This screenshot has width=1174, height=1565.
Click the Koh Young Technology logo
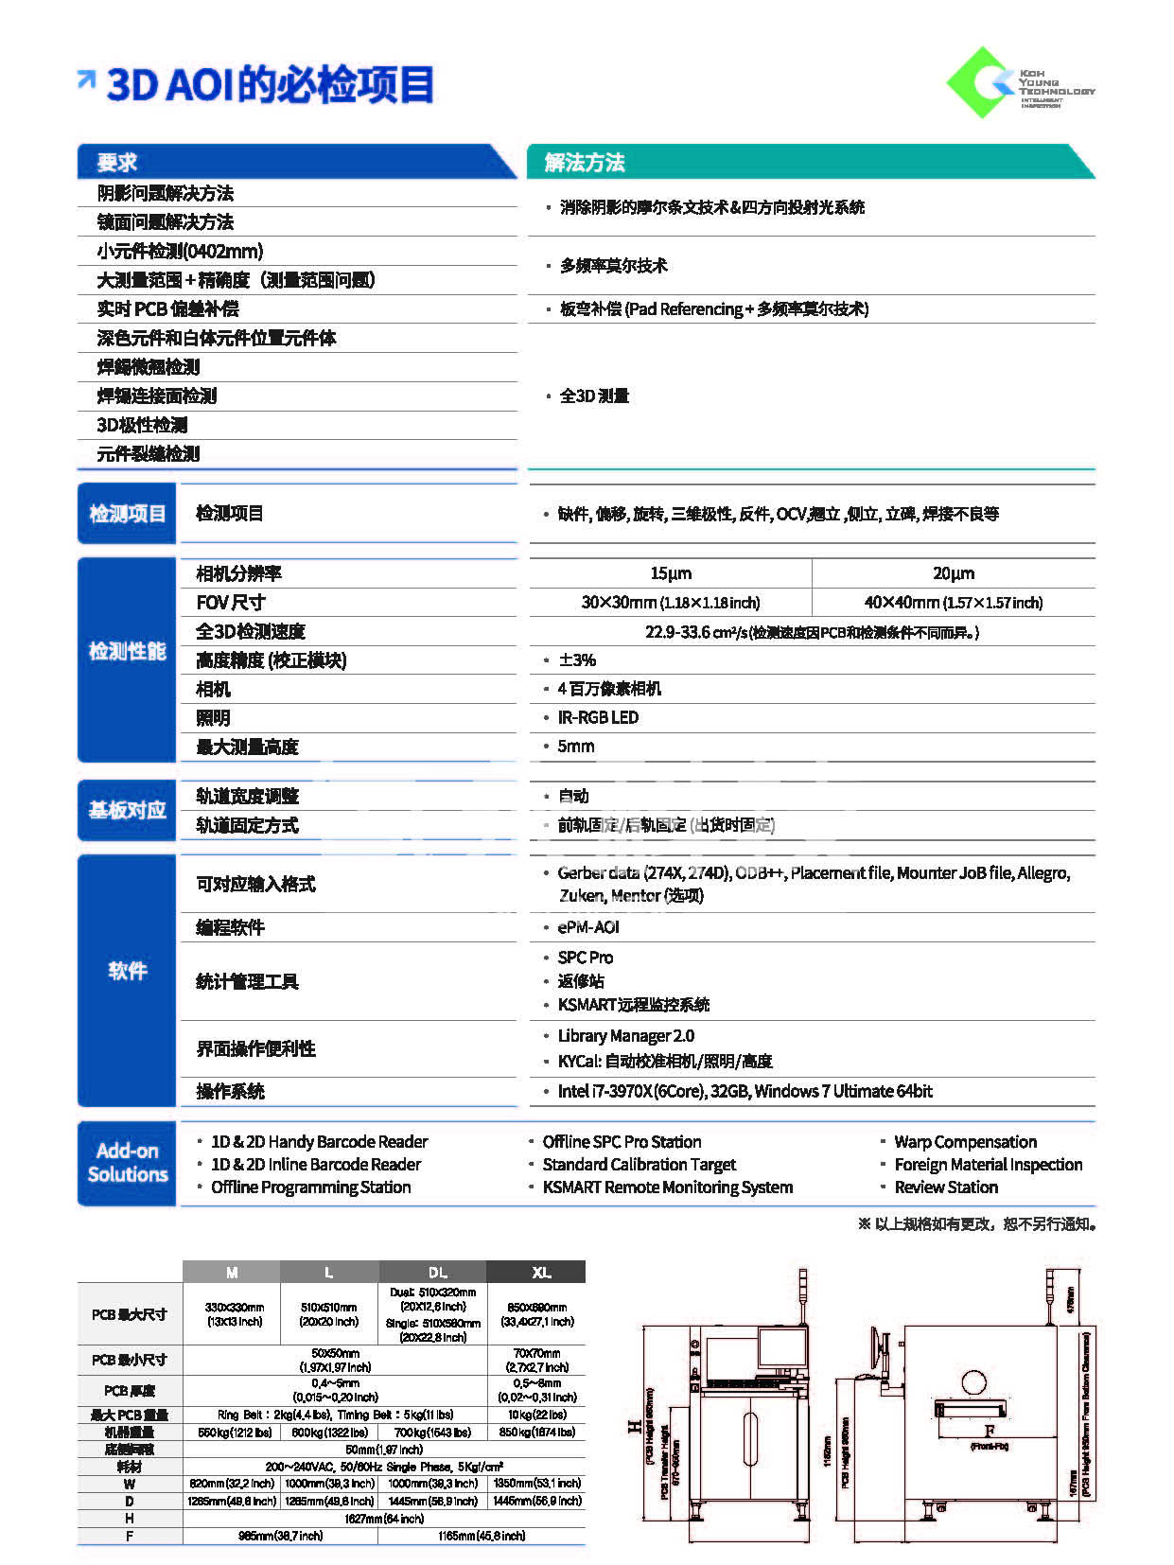tap(1019, 83)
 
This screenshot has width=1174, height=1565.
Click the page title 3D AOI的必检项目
tap(270, 85)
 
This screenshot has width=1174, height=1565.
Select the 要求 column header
tap(117, 163)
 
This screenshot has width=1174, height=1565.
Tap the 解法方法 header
tap(585, 163)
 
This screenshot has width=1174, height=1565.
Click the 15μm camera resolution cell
tap(670, 573)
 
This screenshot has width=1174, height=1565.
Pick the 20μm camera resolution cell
tap(953, 573)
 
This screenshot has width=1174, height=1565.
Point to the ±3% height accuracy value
tap(576, 660)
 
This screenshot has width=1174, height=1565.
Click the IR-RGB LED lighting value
tap(598, 718)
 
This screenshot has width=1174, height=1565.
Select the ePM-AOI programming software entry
tap(587, 927)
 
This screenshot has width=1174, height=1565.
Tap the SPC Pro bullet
tap(585, 958)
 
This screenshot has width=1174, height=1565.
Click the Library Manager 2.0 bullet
tap(625, 1036)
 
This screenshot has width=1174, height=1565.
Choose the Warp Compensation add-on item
tap(965, 1142)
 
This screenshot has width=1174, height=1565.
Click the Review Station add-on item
tap(946, 1187)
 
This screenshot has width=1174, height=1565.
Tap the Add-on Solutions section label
tap(128, 1163)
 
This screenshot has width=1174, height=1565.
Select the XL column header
tap(541, 1273)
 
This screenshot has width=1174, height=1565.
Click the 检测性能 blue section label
tap(128, 652)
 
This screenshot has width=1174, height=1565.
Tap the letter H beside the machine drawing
tap(634, 1426)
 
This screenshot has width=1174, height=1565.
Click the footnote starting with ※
tap(977, 1224)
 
